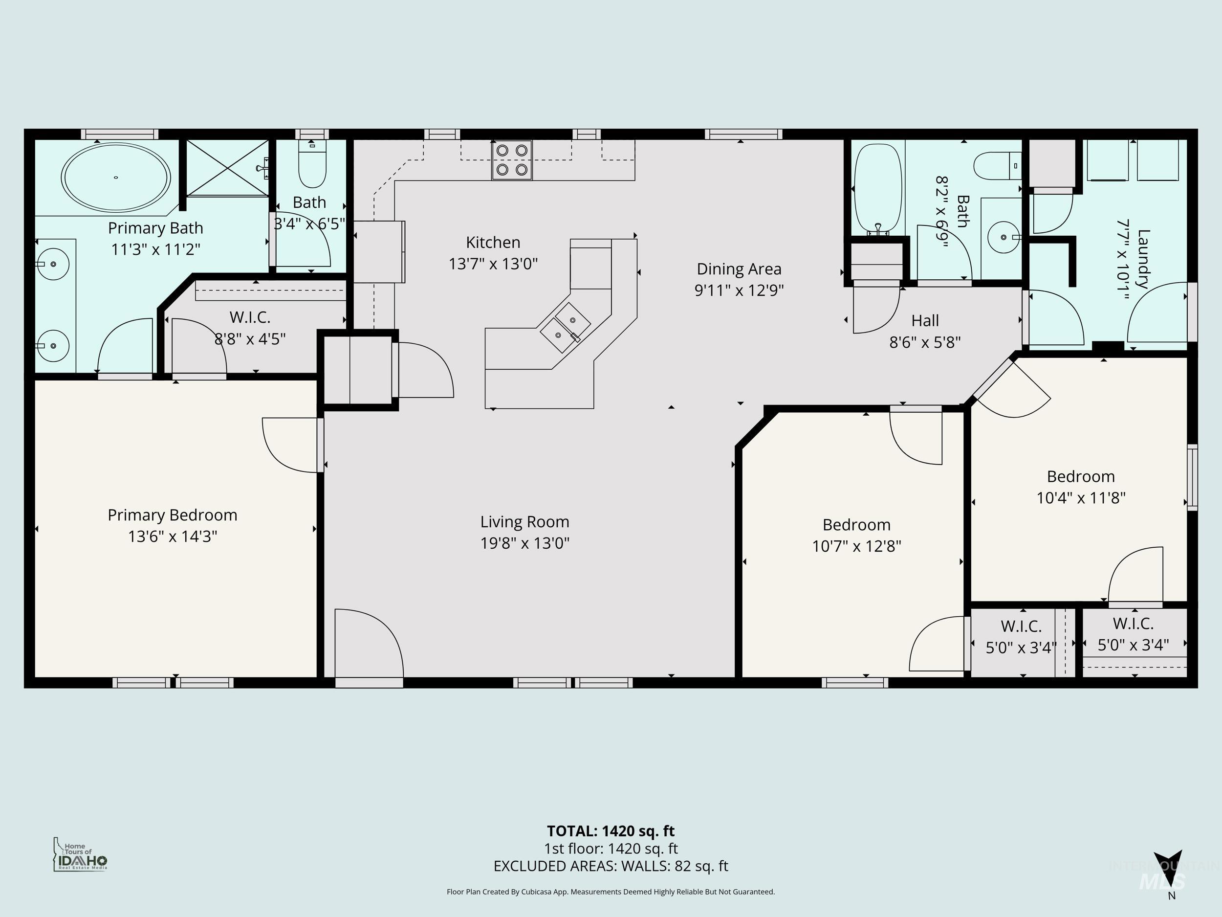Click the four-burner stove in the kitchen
[x=512, y=160]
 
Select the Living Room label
[x=524, y=522]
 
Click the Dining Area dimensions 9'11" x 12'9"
[x=739, y=290]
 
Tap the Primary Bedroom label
[x=173, y=515]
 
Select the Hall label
[x=925, y=321]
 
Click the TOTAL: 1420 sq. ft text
[x=611, y=831]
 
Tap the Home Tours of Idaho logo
[x=81, y=854]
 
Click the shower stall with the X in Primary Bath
[x=228, y=167]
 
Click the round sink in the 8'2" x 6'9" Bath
[x=1003, y=237]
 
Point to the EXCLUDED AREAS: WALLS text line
[x=611, y=866]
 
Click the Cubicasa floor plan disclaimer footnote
[x=611, y=892]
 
